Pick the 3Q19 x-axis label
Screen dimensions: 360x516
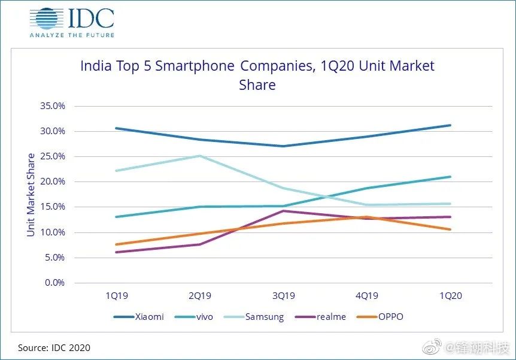click(283, 296)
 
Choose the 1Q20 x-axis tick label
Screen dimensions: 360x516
click(450, 296)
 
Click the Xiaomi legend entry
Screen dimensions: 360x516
click(138, 316)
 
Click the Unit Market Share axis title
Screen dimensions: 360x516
click(31, 195)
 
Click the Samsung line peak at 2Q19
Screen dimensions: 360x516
click(200, 156)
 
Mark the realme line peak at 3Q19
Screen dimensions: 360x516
click(283, 211)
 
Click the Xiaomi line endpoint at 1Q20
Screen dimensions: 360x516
click(450, 125)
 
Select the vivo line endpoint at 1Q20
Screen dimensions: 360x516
click(450, 177)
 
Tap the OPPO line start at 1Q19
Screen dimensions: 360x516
click(116, 244)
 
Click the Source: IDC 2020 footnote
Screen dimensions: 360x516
click(54, 347)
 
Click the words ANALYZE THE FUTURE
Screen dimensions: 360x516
click(71, 35)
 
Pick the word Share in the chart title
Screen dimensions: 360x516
click(257, 85)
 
